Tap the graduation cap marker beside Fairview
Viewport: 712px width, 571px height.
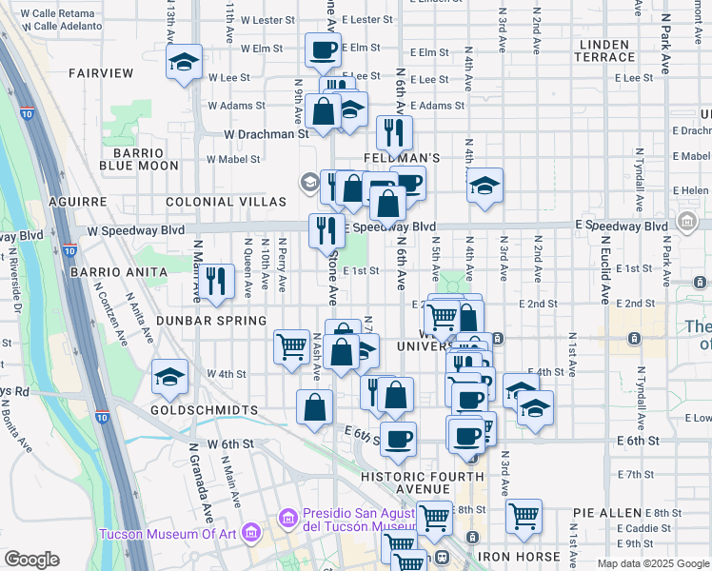click(x=184, y=63)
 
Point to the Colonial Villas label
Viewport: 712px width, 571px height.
click(x=226, y=202)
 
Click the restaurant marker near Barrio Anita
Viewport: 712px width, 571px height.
click(x=218, y=282)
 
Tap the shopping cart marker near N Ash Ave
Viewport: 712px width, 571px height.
click(x=291, y=346)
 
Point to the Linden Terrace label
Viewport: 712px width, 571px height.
click(x=603, y=51)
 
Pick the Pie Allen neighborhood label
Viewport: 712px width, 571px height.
click(x=604, y=512)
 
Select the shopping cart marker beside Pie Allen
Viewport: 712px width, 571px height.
click(x=524, y=517)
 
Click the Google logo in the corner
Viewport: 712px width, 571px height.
click(x=31, y=560)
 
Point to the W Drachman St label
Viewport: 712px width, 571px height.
click(x=267, y=134)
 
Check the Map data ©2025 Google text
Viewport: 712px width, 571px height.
click(x=652, y=563)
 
